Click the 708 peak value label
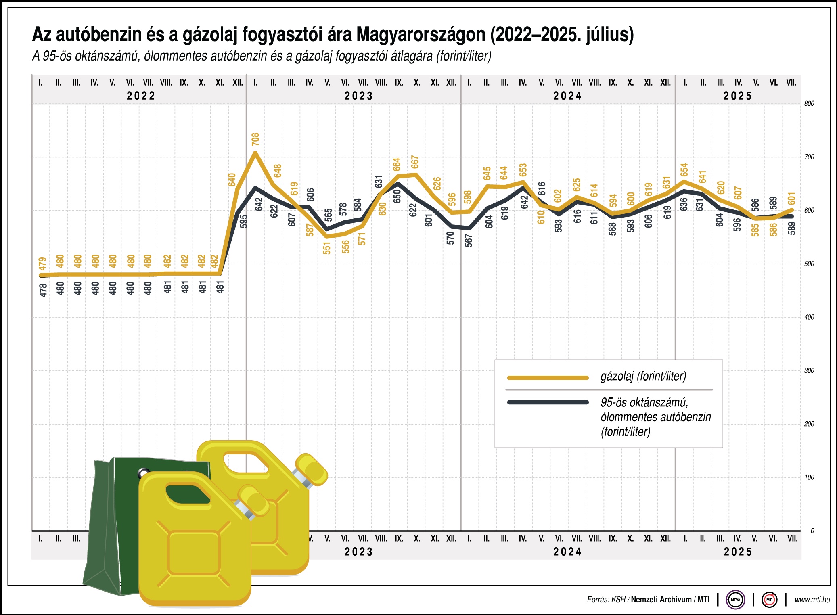tap(255, 139)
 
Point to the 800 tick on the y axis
tap(809, 104)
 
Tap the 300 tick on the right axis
tap(809, 370)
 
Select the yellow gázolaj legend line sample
tap(548, 378)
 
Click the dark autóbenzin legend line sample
tap(548, 402)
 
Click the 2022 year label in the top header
tap(141, 96)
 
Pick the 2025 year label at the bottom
tap(738, 552)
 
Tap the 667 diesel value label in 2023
tap(415, 162)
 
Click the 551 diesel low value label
tap(326, 248)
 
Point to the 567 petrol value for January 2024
tap(468, 241)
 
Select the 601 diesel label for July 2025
tap(791, 199)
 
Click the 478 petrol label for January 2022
tap(43, 290)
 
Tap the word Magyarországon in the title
tap(421, 35)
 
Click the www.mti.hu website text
tap(812, 600)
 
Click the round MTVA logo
tap(735, 600)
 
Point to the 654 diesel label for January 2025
tap(684, 170)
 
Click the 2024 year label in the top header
tap(567, 96)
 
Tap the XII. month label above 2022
tap(238, 83)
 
